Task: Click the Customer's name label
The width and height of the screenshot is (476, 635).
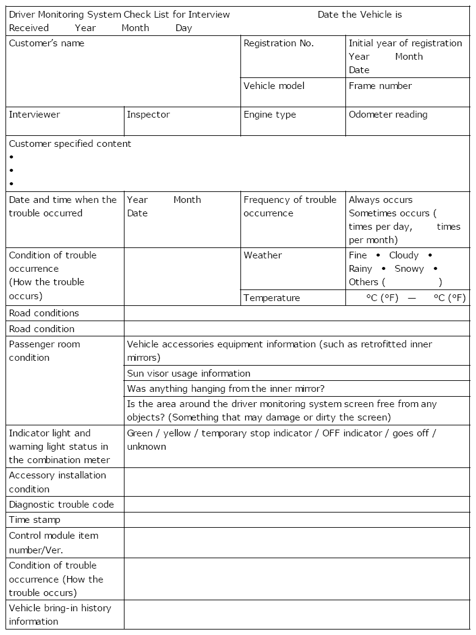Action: point(46,43)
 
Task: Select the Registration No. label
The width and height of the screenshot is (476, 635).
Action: point(278,43)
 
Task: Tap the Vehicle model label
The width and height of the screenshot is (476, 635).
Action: point(274,86)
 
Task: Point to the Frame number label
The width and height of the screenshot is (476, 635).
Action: point(380,86)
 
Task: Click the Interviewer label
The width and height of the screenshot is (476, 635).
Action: point(34,115)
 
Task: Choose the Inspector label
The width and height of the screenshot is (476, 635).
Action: point(148,115)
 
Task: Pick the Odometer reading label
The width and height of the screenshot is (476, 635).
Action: point(388,115)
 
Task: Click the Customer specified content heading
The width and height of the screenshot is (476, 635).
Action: point(70,144)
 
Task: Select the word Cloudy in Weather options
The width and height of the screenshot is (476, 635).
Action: point(404,255)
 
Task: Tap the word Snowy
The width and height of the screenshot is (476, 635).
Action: point(409,269)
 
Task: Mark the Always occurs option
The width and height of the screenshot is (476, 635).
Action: point(381,200)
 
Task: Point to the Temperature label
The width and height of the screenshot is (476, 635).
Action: point(272,298)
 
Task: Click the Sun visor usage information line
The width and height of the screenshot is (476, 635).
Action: point(189,374)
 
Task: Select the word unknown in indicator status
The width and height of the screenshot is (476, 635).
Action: point(146,447)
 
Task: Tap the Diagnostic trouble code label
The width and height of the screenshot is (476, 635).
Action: point(61,505)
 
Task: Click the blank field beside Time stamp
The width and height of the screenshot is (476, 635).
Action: point(297,520)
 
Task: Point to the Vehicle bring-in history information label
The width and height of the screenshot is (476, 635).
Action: point(60,615)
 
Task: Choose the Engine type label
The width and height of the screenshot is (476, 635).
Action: point(270,115)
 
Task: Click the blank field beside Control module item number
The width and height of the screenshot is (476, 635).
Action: point(297,542)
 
